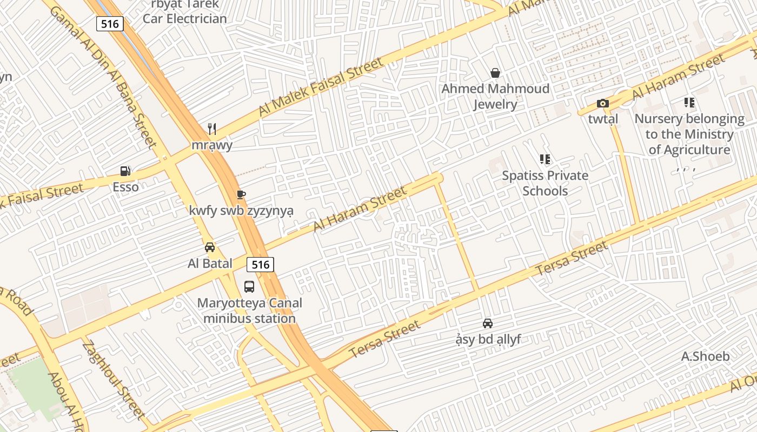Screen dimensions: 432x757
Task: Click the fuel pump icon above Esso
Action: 125,171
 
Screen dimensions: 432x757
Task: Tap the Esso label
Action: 125,187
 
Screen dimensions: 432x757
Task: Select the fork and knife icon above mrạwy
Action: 212,129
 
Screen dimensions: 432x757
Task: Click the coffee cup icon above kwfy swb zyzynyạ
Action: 241,195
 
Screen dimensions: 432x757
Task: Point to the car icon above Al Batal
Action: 210,248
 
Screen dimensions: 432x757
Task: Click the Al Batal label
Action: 210,264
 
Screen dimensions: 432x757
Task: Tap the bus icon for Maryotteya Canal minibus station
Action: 249,287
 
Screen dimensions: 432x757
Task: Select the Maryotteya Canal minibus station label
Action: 249,310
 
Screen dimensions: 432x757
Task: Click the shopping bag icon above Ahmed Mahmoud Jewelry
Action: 495,73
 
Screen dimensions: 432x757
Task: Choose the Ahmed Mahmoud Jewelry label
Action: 495,96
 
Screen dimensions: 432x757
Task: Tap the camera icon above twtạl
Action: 603,103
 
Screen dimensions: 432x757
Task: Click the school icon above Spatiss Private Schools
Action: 545,159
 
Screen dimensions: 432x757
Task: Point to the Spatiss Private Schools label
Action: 545,183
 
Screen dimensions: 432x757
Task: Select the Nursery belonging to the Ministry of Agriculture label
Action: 689,134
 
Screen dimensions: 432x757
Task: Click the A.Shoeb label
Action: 705,356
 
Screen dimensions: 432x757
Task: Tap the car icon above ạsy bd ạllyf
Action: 488,323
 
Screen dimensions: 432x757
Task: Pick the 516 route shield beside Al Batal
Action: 260,265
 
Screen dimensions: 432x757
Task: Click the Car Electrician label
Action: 184,18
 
